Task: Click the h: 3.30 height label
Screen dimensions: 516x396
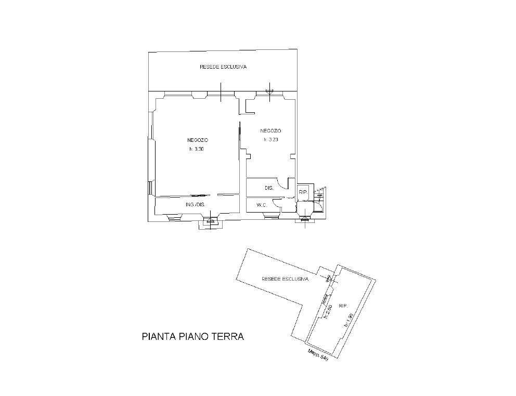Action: [197, 149]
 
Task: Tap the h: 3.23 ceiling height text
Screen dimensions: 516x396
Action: [271, 139]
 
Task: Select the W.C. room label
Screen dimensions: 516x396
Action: [262, 205]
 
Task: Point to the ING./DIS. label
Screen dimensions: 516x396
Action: [196, 205]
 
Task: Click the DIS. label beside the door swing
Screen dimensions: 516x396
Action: [269, 188]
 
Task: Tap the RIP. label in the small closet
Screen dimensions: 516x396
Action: [303, 192]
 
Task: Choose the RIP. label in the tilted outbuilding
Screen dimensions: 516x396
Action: [343, 306]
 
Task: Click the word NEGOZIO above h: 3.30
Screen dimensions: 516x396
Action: [198, 140]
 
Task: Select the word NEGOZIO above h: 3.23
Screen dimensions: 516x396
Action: [271, 131]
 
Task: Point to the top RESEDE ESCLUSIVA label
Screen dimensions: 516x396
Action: [223, 67]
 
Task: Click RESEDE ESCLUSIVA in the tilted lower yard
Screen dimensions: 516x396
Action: [285, 279]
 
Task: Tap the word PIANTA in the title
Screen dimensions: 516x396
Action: [159, 337]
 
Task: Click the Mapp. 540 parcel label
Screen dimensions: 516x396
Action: [318, 355]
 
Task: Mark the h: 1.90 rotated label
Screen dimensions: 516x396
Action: [349, 320]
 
